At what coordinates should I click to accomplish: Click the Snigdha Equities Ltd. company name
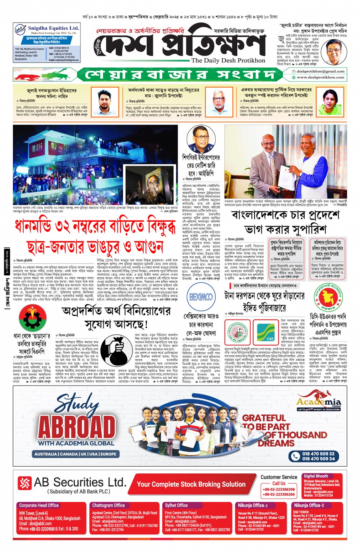tap(53, 28)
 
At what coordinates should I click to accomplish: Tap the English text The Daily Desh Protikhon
tap(228, 61)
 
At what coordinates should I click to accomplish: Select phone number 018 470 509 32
tap(318, 454)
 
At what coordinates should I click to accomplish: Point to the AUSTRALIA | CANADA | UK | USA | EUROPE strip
tap(75, 454)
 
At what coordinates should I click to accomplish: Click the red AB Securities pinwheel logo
tap(25, 483)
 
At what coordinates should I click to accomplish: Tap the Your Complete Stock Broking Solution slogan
tap(191, 484)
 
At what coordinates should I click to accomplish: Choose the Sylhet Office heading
tap(176, 505)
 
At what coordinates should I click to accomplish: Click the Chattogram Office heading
tap(108, 505)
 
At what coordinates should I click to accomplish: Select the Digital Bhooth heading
tap(315, 476)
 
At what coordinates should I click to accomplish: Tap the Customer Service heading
tap(279, 477)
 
